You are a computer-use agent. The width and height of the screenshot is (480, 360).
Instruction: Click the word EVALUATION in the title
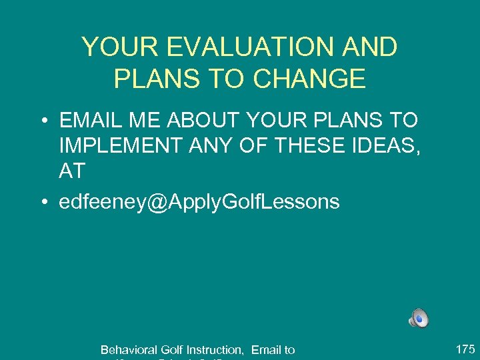(242, 47)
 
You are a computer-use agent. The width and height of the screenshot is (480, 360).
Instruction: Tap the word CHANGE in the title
(309, 79)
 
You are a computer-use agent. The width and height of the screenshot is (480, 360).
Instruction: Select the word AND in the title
(370, 47)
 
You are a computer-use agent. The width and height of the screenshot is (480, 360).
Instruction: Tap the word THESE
(326, 146)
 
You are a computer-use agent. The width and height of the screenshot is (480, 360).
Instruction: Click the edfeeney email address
(199, 202)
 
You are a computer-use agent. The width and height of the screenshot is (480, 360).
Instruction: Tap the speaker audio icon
(419, 319)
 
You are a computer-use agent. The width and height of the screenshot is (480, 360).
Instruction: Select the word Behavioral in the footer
(129, 350)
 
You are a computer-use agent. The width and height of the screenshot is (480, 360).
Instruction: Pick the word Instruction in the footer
(215, 350)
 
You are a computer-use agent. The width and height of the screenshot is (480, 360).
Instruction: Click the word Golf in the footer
(172, 350)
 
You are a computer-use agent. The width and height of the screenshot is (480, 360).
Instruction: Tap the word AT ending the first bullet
(72, 171)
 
